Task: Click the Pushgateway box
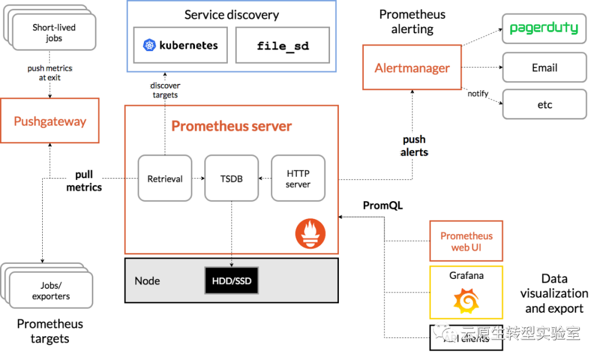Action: [x=50, y=121]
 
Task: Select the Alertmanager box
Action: [x=412, y=67]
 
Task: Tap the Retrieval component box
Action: [x=165, y=178]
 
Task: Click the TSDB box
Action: [x=232, y=178]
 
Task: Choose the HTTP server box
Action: [x=298, y=178]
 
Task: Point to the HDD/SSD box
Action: [x=232, y=281]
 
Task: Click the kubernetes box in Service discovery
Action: [x=181, y=45]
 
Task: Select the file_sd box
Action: [x=283, y=45]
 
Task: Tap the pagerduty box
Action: [x=544, y=28]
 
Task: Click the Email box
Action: [x=544, y=67]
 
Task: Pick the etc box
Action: [x=544, y=104]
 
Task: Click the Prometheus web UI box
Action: [x=466, y=241]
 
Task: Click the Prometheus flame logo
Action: [x=310, y=234]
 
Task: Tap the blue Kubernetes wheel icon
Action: [x=149, y=45]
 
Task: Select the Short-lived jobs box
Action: [x=54, y=32]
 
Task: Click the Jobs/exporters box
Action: [x=51, y=291]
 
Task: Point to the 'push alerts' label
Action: [x=414, y=146]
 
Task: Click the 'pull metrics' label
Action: [x=84, y=181]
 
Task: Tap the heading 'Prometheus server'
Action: [x=231, y=126]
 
